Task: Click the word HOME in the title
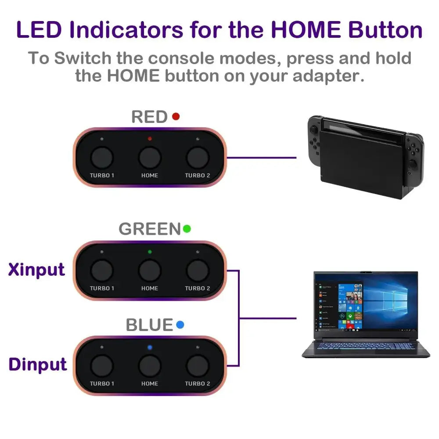click(306, 29)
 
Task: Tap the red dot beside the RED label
click(176, 116)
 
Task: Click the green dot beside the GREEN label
click(187, 229)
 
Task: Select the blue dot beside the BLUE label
click(180, 325)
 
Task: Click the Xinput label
click(36, 270)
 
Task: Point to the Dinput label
click(38, 364)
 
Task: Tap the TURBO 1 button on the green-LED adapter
click(102, 271)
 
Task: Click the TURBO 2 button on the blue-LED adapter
click(198, 366)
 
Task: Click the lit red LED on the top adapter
click(150, 139)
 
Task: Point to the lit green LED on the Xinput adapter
click(150, 252)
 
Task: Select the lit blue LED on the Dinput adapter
click(150, 347)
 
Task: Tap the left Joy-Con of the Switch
click(315, 140)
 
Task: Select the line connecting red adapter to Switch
click(262, 158)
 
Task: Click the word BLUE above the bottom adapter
click(149, 325)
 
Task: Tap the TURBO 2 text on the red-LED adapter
click(198, 175)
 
